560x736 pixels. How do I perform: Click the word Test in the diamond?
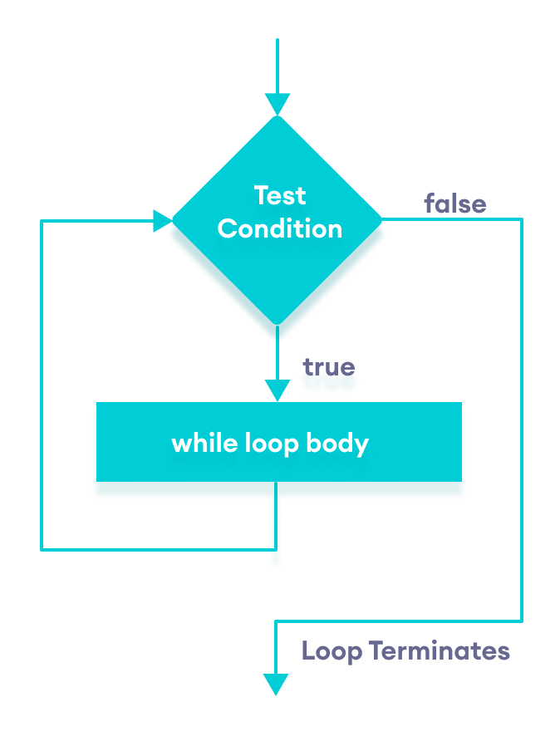coord(280,196)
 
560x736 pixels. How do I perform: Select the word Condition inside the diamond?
coord(280,229)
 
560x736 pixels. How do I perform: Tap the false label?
coord(454,204)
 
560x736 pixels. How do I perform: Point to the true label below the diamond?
coord(328,367)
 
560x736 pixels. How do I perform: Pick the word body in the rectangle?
coord(336,444)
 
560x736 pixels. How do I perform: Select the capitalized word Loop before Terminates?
coord(332,650)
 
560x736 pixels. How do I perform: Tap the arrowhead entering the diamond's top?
coord(277,105)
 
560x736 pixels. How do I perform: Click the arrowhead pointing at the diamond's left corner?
coord(163,221)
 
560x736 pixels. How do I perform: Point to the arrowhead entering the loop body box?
coord(277,390)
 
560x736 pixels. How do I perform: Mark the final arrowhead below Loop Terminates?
coord(276,684)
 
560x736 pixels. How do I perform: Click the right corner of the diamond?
coord(381,220)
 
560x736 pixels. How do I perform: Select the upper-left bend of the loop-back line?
coord(42,221)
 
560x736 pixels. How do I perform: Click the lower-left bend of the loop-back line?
coord(42,549)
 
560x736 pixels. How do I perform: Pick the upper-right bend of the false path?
coord(522,220)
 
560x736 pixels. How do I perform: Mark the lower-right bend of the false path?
coord(522,621)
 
